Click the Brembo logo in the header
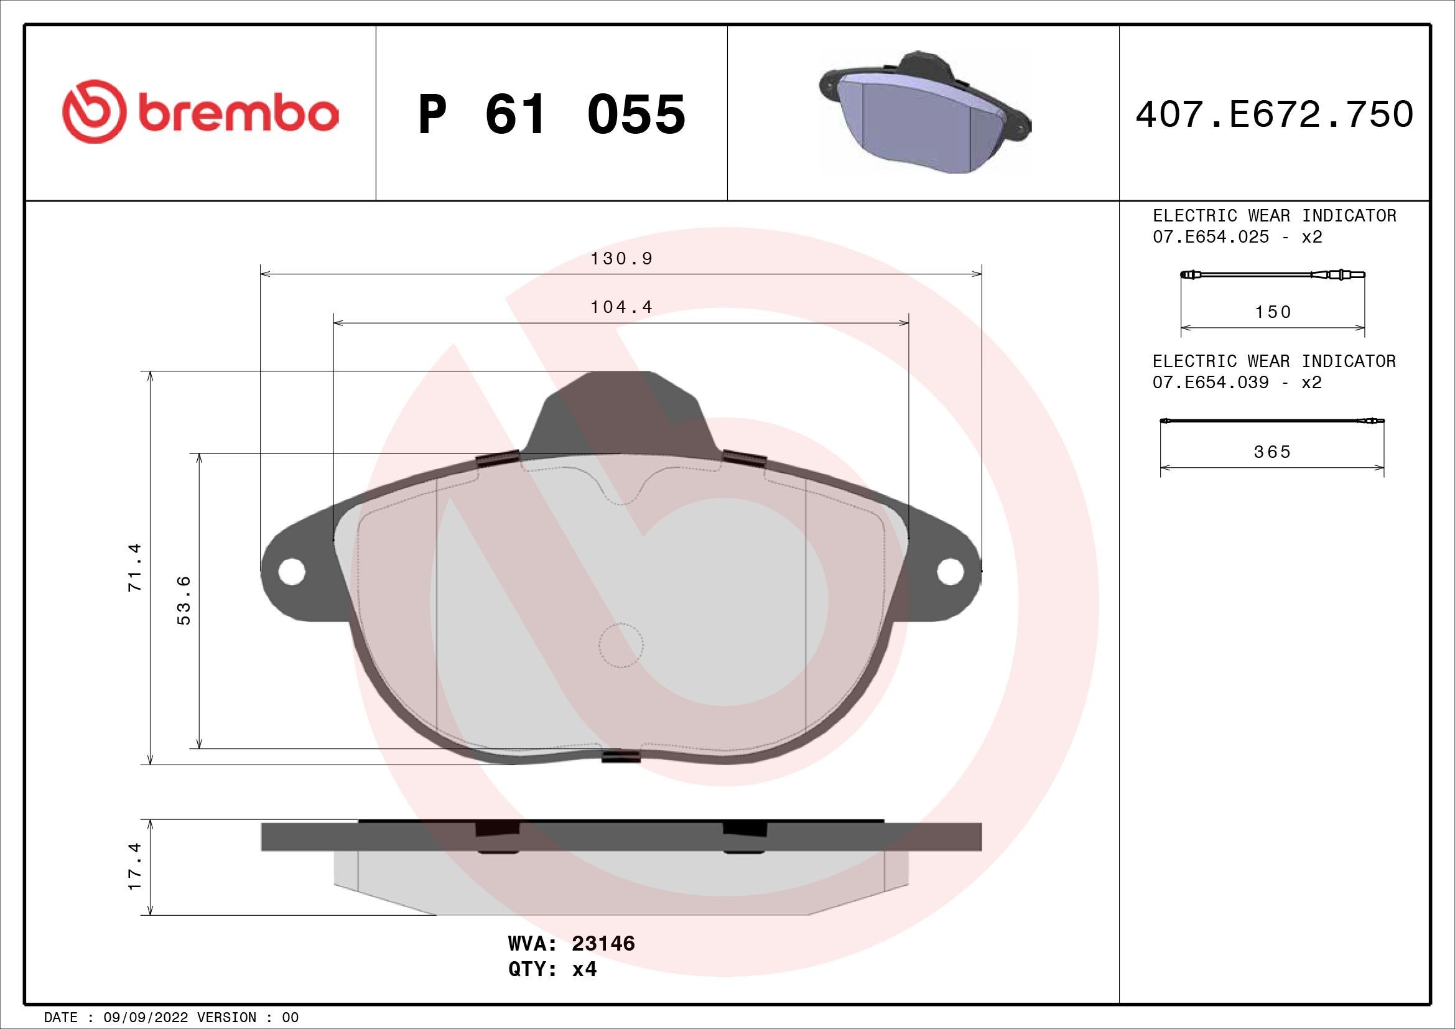pyautogui.click(x=200, y=111)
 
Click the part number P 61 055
pyautogui.click(x=552, y=114)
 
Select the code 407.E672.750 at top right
pyautogui.click(x=1274, y=114)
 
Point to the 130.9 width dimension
pyautogui.click(x=621, y=259)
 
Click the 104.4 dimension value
pyautogui.click(x=621, y=307)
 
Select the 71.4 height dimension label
pyautogui.click(x=135, y=567)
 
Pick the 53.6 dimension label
pyautogui.click(x=184, y=600)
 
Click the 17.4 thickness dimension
pyautogui.click(x=135, y=866)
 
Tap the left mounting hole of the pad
pyautogui.click(x=292, y=571)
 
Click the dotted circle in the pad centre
pyautogui.click(x=621, y=646)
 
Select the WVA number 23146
pyautogui.click(x=603, y=961)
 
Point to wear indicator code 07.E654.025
pyautogui.click(x=1211, y=237)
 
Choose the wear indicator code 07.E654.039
pyautogui.click(x=1211, y=383)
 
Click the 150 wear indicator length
pyautogui.click(x=1273, y=312)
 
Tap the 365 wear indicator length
pyautogui.click(x=1272, y=452)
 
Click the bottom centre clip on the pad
pyautogui.click(x=621, y=756)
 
